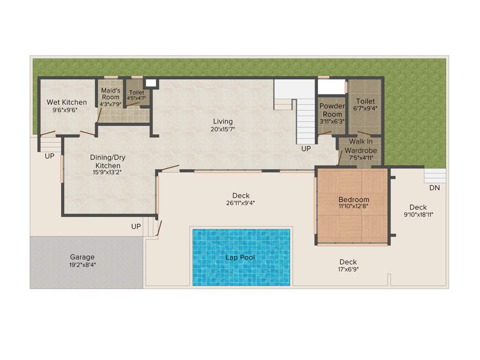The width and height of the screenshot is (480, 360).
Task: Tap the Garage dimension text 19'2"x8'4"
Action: tap(82, 265)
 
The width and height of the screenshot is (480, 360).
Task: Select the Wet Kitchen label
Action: tap(67, 102)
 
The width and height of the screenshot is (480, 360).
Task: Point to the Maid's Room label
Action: tap(111, 94)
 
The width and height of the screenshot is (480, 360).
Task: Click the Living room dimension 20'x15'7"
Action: tap(223, 129)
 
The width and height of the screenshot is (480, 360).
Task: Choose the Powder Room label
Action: tap(332, 110)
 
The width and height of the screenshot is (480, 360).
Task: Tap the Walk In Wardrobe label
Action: tap(360, 146)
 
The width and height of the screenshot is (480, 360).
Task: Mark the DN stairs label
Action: tap(435, 188)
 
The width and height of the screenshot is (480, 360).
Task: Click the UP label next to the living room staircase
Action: tap(306, 149)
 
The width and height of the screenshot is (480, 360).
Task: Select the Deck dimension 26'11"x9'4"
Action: tap(241, 203)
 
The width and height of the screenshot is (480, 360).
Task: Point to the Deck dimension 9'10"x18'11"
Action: tap(418, 215)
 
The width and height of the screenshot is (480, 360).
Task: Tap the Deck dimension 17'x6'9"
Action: tap(348, 269)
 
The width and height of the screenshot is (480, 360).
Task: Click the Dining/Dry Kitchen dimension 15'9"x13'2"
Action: tap(108, 172)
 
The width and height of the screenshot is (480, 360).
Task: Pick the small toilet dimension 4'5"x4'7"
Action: tap(136, 98)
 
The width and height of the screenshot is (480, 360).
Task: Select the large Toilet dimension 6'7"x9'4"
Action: tap(365, 108)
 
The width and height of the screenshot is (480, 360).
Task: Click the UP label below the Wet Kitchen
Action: tap(50, 157)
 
